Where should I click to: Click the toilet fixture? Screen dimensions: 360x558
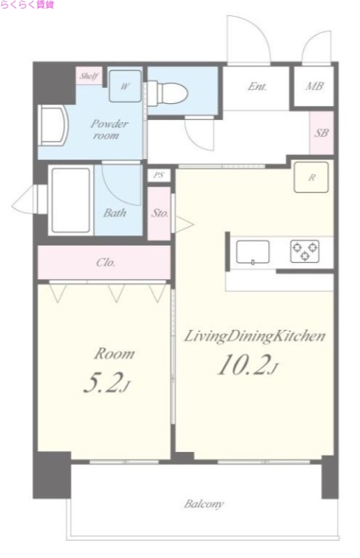pyautogui.click(x=167, y=93)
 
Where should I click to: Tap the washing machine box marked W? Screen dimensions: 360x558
pyautogui.click(x=125, y=86)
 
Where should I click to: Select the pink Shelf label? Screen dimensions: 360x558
pyautogui.click(x=89, y=76)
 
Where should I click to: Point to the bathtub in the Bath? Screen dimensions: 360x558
pyautogui.click(x=71, y=200)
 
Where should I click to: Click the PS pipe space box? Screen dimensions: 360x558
pyautogui.click(x=159, y=175)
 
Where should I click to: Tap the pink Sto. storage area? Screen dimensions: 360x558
pyautogui.click(x=159, y=213)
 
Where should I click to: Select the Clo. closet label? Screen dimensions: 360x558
pyautogui.click(x=105, y=263)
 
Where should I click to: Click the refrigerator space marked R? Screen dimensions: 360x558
pyautogui.click(x=311, y=177)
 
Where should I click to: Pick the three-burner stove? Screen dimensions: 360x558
pyautogui.click(x=304, y=251)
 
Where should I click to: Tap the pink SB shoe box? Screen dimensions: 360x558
pyautogui.click(x=322, y=133)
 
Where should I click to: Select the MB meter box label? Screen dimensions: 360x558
pyautogui.click(x=314, y=86)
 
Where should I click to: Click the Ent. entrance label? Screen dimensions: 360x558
pyautogui.click(x=257, y=86)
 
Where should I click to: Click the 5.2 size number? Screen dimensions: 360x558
pyautogui.click(x=107, y=382)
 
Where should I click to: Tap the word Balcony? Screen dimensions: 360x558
pyautogui.click(x=204, y=504)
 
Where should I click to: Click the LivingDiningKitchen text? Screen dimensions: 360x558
pyautogui.click(x=254, y=336)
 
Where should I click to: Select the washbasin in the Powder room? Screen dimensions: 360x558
pyautogui.click(x=54, y=126)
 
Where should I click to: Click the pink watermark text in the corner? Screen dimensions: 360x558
pyautogui.click(x=27, y=5)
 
